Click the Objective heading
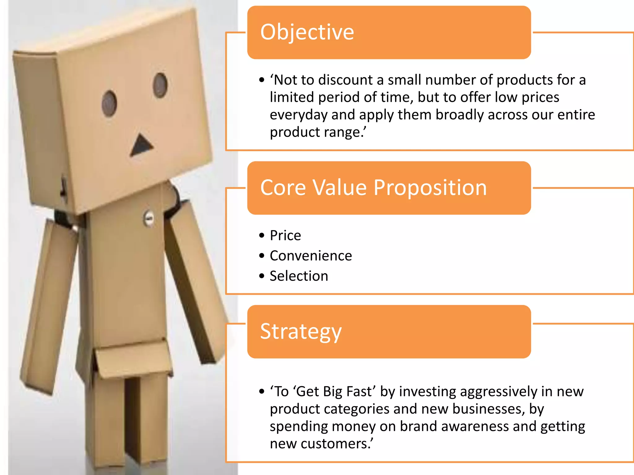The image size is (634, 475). pos(307,32)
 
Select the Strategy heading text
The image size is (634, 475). pos(301,332)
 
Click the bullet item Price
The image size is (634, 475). pos(285,236)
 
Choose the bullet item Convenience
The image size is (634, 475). pos(310,256)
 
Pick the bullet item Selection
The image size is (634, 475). pos(299,276)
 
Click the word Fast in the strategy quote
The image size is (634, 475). pos(358,392)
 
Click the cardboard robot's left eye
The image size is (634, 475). pos(109,104)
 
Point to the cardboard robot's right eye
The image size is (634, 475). pos(160,85)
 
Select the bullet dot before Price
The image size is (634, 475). pos(262,236)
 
